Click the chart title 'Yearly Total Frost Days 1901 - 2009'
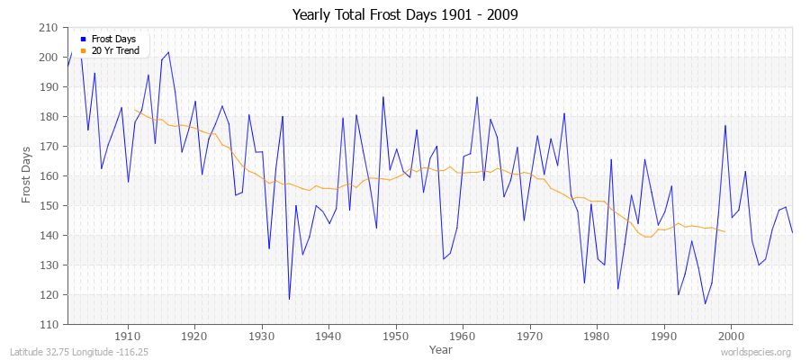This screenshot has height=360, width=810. [x=405, y=15]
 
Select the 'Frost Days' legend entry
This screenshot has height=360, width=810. [x=112, y=40]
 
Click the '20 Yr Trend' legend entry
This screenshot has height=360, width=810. [x=115, y=50]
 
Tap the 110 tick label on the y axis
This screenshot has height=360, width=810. [x=50, y=324]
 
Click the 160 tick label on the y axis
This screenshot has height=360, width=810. [x=50, y=176]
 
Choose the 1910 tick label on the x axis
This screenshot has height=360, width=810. [x=127, y=337]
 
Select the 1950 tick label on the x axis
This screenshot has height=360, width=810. [x=395, y=337]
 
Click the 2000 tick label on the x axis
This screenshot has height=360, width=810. [x=731, y=337]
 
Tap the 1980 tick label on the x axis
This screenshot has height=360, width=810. [x=597, y=337]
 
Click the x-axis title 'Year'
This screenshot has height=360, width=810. [x=428, y=349]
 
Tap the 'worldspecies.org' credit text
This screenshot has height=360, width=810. [x=757, y=352]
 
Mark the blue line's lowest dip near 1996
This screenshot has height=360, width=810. [x=705, y=303]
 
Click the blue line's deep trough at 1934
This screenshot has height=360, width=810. [x=289, y=299]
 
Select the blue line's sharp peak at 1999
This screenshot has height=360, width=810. [x=724, y=125]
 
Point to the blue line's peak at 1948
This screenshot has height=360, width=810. [x=382, y=96]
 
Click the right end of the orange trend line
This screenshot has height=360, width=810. [x=724, y=232]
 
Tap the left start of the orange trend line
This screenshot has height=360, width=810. [x=134, y=110]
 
